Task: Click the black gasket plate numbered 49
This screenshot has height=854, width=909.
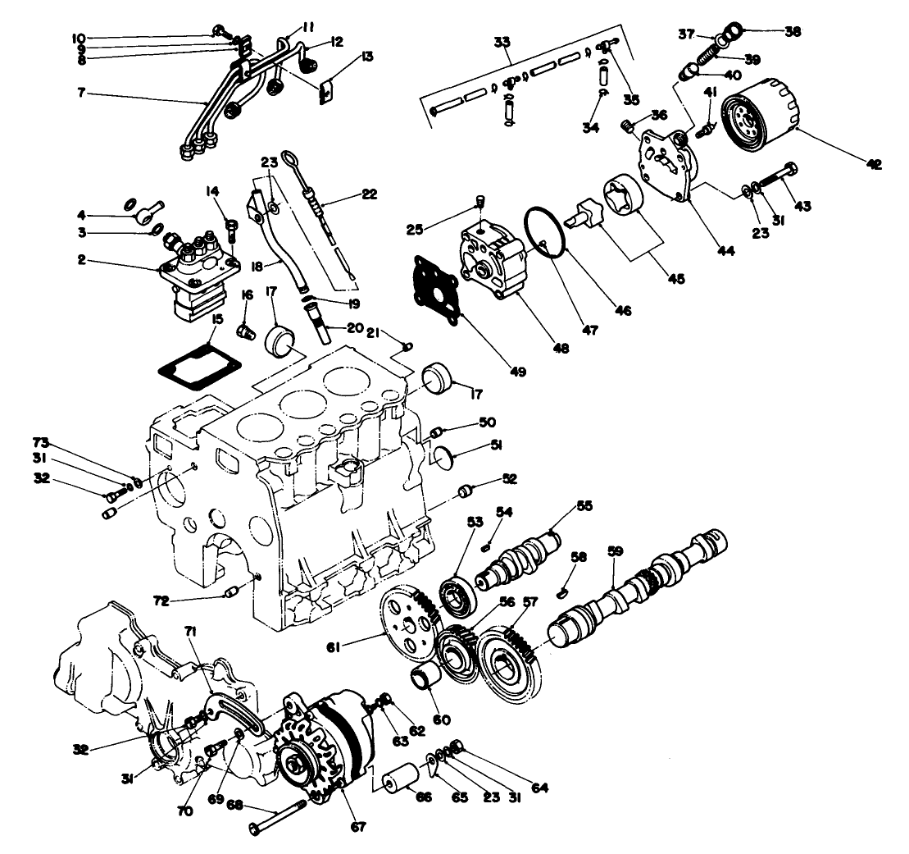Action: coord(439,285)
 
